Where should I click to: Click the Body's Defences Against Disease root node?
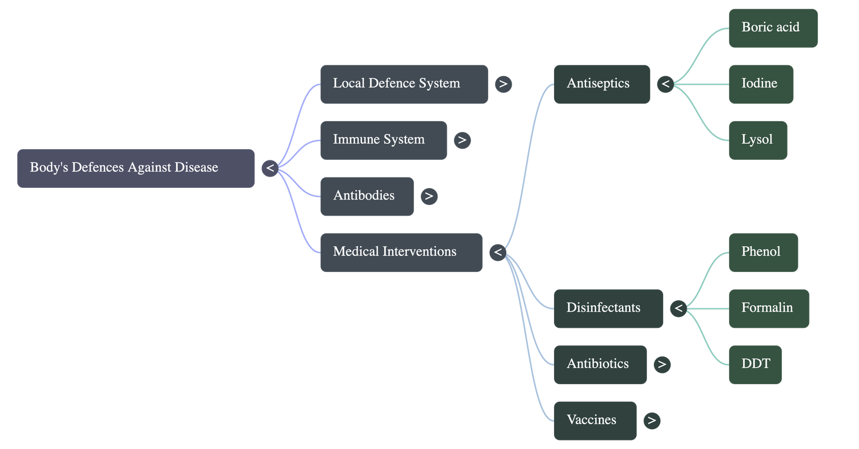click(x=136, y=168)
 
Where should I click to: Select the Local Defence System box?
click(x=404, y=84)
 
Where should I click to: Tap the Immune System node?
click(x=383, y=140)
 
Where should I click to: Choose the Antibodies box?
click(x=367, y=196)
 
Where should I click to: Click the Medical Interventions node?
click(x=401, y=252)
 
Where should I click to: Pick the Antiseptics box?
click(x=601, y=84)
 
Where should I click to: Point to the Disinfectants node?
click(x=608, y=308)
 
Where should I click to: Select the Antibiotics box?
click(x=600, y=364)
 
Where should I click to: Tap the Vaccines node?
click(x=595, y=421)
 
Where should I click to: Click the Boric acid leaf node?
click(x=773, y=28)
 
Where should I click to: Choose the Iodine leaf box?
click(x=761, y=84)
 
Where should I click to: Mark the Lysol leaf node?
click(x=758, y=140)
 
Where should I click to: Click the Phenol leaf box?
click(x=763, y=252)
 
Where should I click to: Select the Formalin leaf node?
click(x=769, y=308)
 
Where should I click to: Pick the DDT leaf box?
click(x=755, y=364)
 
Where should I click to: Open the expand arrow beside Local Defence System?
click(x=503, y=84)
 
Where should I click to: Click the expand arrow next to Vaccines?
click(x=652, y=421)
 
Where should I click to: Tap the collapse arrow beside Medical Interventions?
click(x=498, y=252)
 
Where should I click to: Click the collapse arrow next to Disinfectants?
click(x=679, y=308)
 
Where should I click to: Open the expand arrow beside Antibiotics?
click(x=662, y=364)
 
